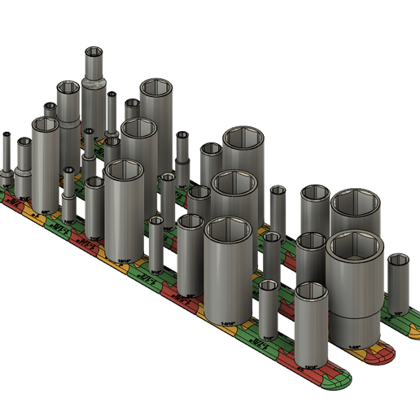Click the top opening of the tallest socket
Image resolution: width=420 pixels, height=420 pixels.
click(x=94, y=52)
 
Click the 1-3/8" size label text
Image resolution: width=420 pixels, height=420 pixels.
click(x=355, y=346)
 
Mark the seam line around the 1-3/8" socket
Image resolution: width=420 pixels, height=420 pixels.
click(x=355, y=311)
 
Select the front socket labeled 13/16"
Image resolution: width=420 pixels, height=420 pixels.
click(x=311, y=326)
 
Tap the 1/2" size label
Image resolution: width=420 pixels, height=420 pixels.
click(x=398, y=313)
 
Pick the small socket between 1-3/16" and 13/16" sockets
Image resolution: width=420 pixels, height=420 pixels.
click(x=269, y=309)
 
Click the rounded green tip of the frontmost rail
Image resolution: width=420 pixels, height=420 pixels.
click(x=343, y=382)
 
